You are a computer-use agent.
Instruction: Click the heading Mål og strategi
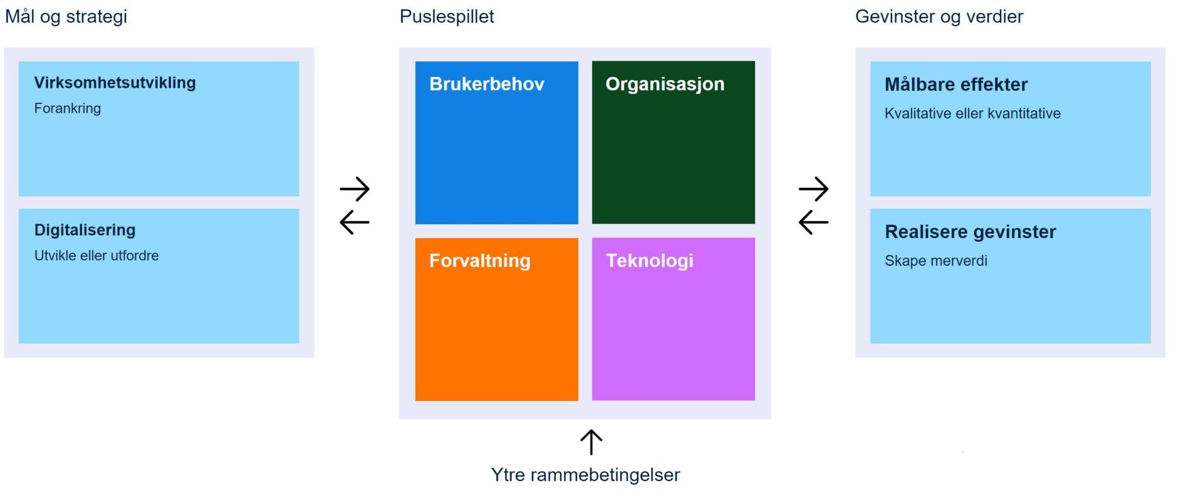pos(66,16)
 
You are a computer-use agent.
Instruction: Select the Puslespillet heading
pos(447,16)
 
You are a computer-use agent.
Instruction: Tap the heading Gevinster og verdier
pos(939,16)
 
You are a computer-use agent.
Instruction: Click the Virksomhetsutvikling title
pos(115,83)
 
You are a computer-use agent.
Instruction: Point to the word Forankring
pos(67,108)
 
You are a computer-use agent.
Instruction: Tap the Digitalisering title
pos(85,230)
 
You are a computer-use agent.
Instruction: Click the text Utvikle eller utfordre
pos(96,256)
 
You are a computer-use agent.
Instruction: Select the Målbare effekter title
pos(956,85)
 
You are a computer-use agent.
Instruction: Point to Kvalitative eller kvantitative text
pos(972,113)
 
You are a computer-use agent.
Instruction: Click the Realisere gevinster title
pos(970,232)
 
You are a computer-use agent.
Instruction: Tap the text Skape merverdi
pos(935,261)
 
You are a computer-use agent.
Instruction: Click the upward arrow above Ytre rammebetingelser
pos(591,442)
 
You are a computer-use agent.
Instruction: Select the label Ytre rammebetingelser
pos(585,475)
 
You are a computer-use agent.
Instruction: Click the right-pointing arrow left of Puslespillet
pos(355,189)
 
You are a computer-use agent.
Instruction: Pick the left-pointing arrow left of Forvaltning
pos(355,222)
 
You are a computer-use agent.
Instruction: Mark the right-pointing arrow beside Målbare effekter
pos(813,189)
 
